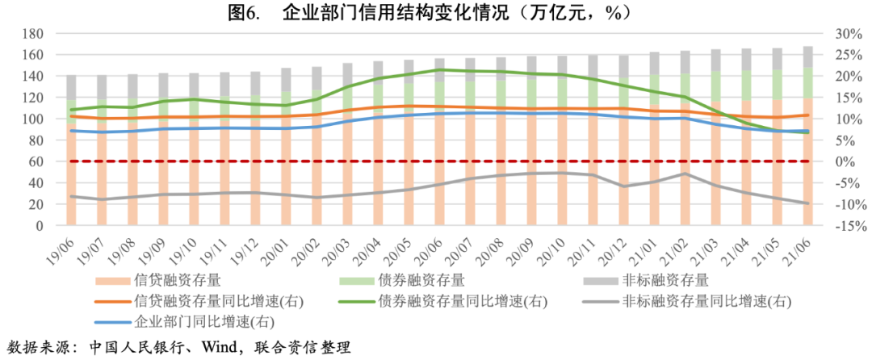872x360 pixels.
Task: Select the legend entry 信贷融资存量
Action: [x=170, y=282]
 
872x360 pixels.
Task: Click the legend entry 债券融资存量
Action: [x=420, y=282]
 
